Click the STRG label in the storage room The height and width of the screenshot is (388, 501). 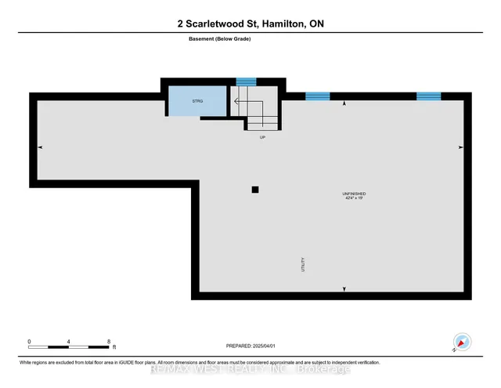pos(198,100)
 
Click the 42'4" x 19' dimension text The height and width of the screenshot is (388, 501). pos(355,198)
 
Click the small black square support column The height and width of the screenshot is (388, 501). pos(254,189)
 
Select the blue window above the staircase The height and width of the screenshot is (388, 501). pos(247,81)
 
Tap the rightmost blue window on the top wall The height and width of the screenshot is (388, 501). pos(428,96)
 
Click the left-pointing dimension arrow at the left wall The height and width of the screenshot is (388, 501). pos(41,147)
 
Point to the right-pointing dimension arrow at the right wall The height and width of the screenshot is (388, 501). pos(460,147)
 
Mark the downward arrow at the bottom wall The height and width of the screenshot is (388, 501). pos(344,289)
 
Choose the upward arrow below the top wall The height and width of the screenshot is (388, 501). pos(344,103)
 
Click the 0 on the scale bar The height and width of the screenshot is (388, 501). pos(29,342)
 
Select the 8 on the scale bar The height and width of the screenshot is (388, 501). pos(109,342)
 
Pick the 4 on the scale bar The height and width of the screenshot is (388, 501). pos(69,342)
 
